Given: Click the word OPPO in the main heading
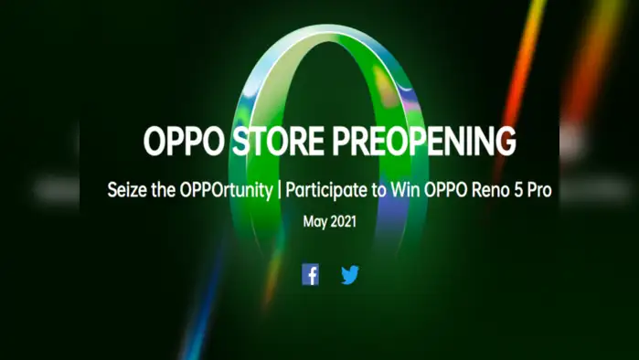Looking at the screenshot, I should click(x=179, y=143).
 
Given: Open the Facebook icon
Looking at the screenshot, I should click(x=311, y=274).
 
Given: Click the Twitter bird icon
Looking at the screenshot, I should click(x=350, y=274).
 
